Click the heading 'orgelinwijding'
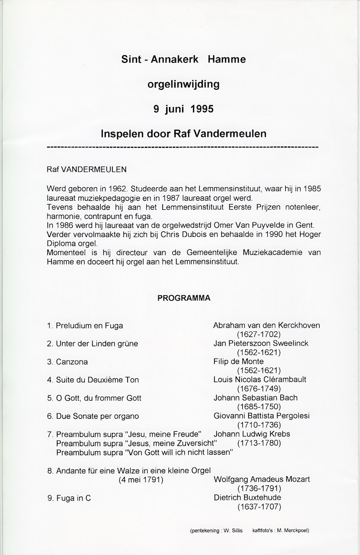tap(183, 84)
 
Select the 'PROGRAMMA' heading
tap(184, 298)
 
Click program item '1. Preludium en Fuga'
tap(85, 326)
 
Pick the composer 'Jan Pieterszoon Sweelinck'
tap(261, 343)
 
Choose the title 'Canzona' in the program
tap(72, 362)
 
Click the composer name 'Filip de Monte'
tap(239, 362)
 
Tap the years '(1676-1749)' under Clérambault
tap(259, 388)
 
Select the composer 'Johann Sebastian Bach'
tap(255, 398)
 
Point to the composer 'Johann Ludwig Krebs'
tap(252, 434)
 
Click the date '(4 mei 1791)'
tap(141, 479)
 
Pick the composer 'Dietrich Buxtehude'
tap(247, 497)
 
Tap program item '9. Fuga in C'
tap(69, 498)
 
